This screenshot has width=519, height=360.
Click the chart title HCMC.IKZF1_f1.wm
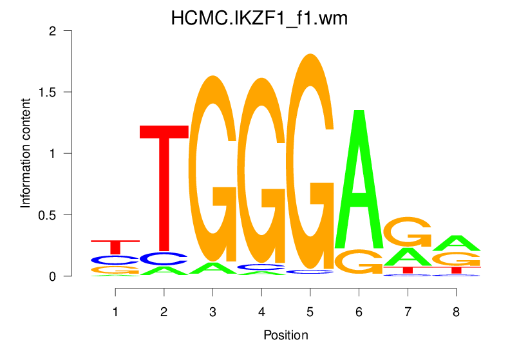[x=259, y=19]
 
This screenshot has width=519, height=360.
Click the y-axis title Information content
[x=26, y=153]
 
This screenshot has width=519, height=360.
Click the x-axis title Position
[x=285, y=335]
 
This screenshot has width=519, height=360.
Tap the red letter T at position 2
[x=164, y=187]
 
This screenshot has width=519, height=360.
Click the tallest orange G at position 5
[x=310, y=161]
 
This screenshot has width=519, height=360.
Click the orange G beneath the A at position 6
[x=359, y=261]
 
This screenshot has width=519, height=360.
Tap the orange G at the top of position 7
[x=407, y=232]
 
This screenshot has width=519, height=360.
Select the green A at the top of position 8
[x=456, y=243]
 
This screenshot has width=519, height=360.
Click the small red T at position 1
[x=116, y=247]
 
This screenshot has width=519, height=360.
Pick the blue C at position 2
[x=164, y=259]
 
